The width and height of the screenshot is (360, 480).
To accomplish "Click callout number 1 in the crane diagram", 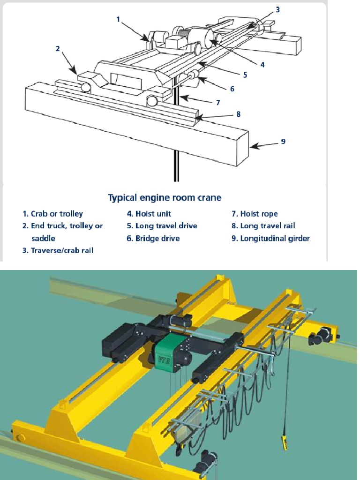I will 118,19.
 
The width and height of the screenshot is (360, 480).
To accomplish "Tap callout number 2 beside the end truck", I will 58,48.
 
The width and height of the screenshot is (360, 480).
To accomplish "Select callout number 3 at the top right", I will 278,9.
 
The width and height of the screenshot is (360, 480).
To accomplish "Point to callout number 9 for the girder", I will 283,141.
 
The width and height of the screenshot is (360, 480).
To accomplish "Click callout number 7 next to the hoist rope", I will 217,102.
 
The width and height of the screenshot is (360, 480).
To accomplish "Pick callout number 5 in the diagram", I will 245,75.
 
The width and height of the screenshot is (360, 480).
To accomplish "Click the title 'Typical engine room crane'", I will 165,197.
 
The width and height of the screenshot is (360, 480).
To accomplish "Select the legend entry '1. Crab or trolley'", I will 52,214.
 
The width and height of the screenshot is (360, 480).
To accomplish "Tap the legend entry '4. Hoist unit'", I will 149,214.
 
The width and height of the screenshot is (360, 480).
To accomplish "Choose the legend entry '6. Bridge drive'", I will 153,238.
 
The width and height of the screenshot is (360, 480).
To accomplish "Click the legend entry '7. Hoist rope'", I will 254,214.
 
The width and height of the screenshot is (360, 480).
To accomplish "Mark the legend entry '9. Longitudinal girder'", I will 270,238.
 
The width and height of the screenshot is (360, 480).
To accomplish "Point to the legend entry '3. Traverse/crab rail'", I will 57,250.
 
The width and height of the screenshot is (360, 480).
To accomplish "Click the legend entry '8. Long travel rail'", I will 263,226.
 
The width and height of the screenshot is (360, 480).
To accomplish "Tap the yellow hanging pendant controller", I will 284,444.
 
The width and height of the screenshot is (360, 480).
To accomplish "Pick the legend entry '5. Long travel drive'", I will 162,226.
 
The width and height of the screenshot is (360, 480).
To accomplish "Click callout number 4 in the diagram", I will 262,65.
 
